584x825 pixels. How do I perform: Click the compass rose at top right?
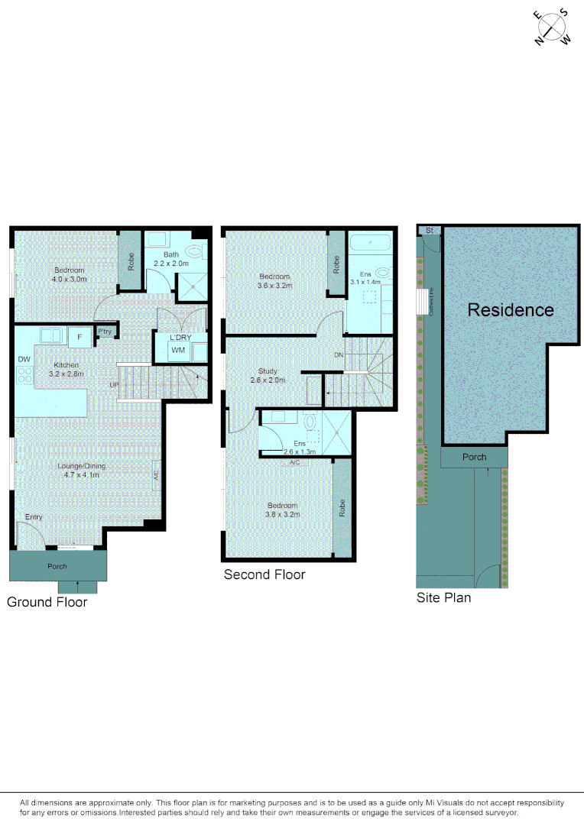pos(553,28)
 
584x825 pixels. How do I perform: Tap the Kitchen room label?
pos(65,365)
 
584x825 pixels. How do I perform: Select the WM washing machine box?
pos(178,351)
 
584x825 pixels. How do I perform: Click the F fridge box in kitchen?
pos(79,337)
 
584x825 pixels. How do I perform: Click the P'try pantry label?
pos(105,331)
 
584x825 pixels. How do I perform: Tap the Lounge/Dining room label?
pos(82,466)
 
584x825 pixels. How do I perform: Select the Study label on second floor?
pos(268,371)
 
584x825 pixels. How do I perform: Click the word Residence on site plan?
pos(511,310)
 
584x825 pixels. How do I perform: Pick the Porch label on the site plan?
pos(474,457)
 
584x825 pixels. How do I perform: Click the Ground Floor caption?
pos(47,602)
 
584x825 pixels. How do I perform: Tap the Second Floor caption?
pos(264,574)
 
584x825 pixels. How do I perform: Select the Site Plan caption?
pos(443,597)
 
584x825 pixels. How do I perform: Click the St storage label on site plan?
pos(430,230)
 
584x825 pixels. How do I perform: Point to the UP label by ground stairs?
pos(114,384)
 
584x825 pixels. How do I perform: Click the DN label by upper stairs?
pos(339,355)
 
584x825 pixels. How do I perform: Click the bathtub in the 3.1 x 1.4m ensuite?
pos(371,244)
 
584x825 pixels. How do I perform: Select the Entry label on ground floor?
pos(33,517)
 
